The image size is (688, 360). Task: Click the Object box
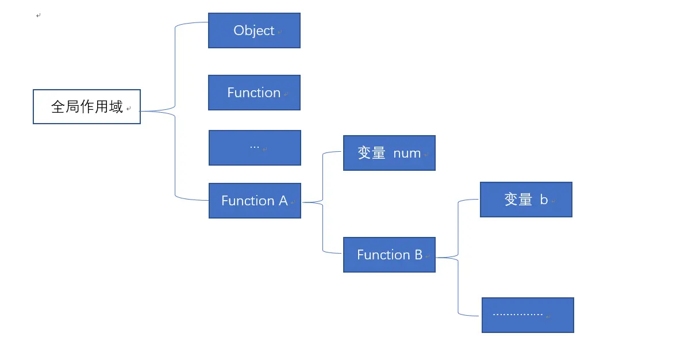tap(254, 30)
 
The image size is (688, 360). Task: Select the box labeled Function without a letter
tap(254, 93)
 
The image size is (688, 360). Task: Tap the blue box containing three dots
tap(255, 148)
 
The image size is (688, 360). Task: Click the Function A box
tap(255, 201)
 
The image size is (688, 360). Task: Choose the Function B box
tap(389, 255)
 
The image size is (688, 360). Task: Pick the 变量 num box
tap(389, 153)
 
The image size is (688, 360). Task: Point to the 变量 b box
tap(526, 200)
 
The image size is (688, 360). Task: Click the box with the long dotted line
tap(528, 315)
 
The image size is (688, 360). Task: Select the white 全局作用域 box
tap(87, 107)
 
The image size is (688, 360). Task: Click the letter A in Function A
tap(283, 201)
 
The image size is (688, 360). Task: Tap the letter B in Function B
tap(418, 255)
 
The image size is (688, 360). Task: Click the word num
tap(407, 153)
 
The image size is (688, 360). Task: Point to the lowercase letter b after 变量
tap(544, 200)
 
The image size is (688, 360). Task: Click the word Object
tap(253, 30)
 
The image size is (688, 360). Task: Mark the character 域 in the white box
tap(116, 107)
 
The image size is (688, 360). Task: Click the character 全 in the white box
tap(58, 107)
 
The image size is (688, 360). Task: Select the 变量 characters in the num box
tap(371, 153)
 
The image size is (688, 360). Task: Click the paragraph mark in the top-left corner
tap(38, 16)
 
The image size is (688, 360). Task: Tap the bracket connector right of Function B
tap(458, 258)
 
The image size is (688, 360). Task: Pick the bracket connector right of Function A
tap(323, 202)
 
